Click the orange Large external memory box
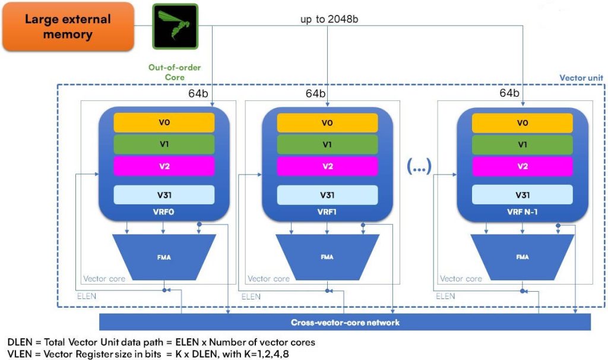[67, 27]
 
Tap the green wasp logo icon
[174, 26]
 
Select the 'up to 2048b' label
[329, 19]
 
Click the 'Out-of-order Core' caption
[175, 72]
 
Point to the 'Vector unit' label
[580, 78]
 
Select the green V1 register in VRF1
[328, 144]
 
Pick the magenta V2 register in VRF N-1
[522, 166]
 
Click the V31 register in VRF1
[328, 195]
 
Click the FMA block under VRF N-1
[522, 257]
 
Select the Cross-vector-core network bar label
[345, 323]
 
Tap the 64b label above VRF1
[316, 94]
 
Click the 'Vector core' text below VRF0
[104, 278]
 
